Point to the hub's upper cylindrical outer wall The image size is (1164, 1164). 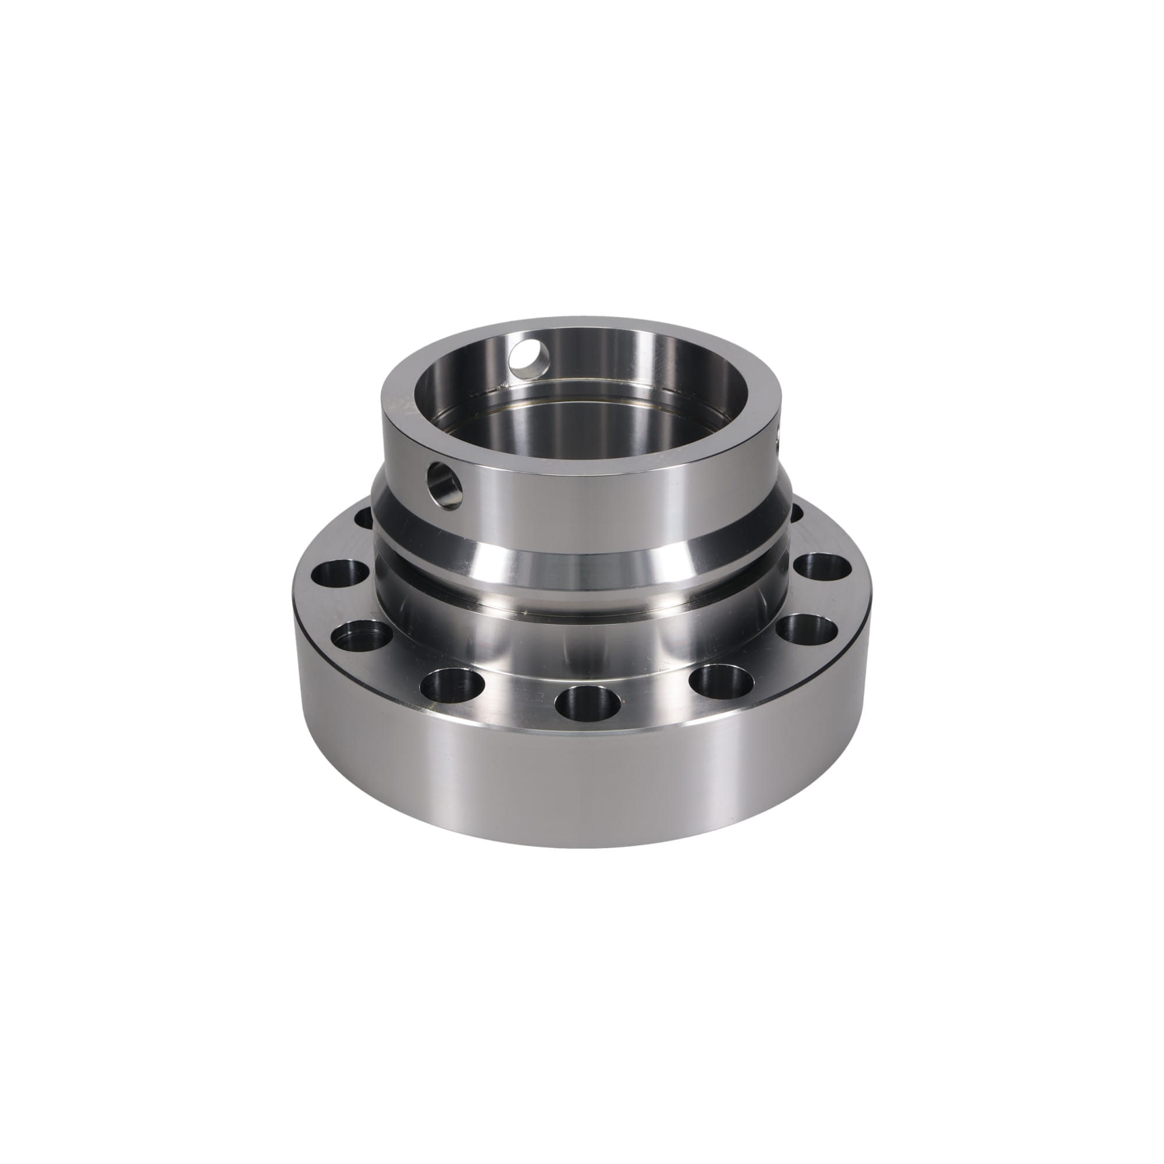pos(602,500)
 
